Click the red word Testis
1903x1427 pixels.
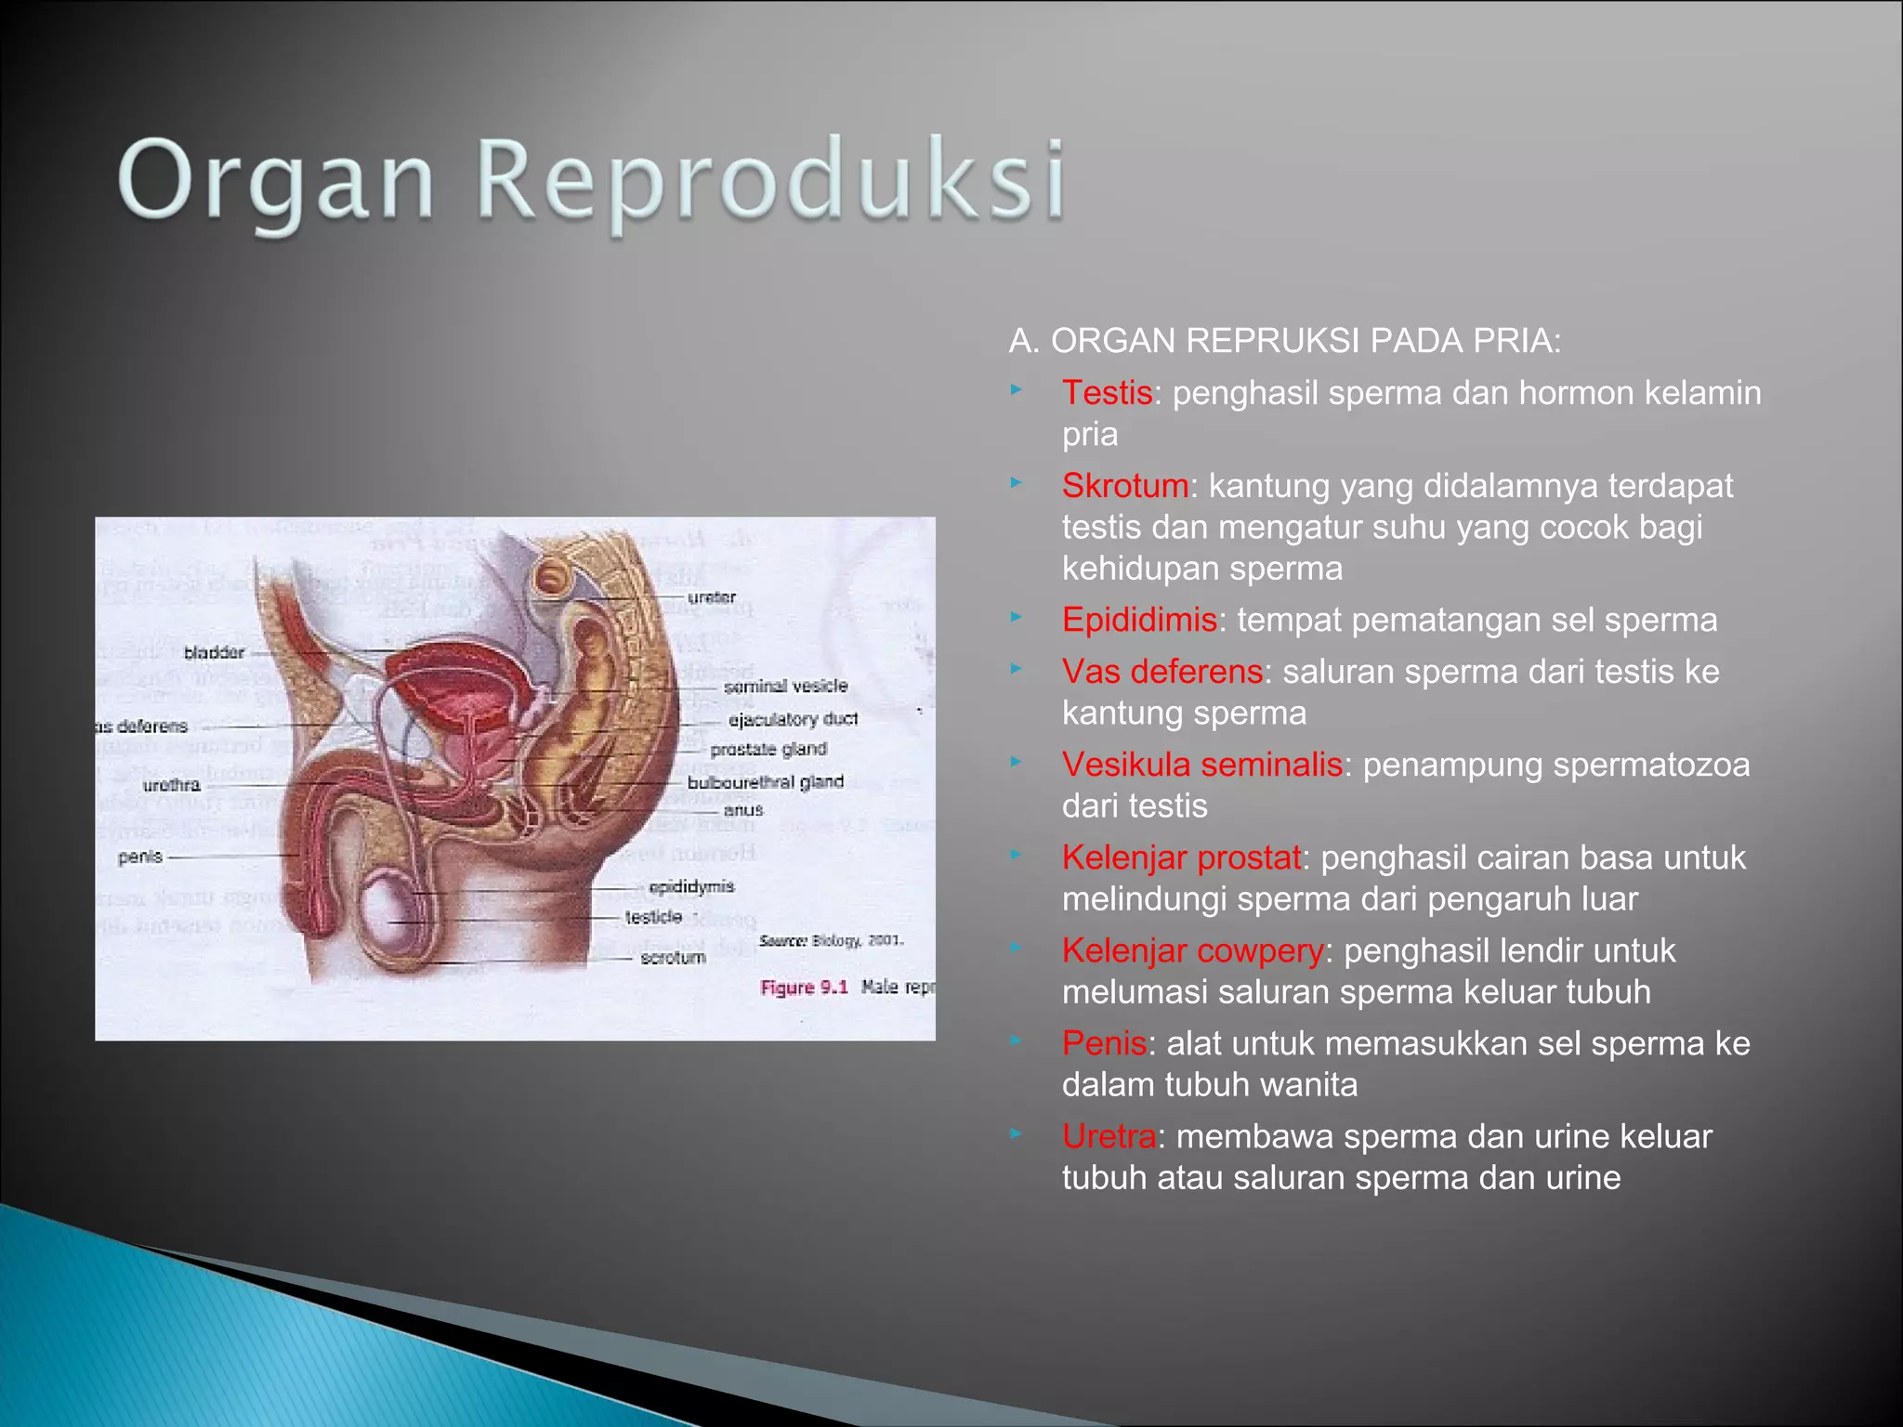1107,393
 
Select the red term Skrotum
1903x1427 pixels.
1125,486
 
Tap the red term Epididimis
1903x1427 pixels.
1139,620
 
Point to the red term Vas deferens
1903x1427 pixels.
1161,672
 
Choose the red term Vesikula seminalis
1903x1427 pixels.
1201,765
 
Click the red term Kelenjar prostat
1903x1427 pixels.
1181,858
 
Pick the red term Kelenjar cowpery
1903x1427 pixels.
1192,950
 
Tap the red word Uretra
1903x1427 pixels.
1109,1136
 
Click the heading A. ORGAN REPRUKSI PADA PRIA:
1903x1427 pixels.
1284,341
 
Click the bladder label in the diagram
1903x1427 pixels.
214,652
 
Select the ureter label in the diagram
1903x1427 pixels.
712,597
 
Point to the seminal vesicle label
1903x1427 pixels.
785,686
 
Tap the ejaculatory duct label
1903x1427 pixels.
793,719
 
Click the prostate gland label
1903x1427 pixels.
768,749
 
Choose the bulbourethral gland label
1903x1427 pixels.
765,782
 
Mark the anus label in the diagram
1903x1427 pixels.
743,810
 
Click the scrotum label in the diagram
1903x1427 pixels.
673,957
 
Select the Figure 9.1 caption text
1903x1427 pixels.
804,987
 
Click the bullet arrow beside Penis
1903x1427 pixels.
1017,1041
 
